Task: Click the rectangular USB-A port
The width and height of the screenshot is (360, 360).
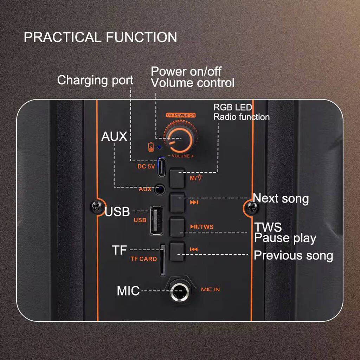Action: [156, 220]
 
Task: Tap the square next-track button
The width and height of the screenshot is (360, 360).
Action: [177, 202]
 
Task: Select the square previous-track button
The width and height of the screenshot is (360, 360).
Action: [177, 251]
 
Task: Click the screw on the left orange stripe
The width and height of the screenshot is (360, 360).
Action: [96, 207]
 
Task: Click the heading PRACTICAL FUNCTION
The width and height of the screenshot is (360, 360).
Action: [100, 37]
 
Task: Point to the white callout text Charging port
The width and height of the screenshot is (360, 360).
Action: [95, 80]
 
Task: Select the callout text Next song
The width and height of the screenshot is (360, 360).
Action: [281, 199]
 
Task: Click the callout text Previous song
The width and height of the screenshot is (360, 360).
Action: [293, 255]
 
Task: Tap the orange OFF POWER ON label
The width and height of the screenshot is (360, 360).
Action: [181, 115]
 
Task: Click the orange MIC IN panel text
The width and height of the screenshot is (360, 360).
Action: [210, 290]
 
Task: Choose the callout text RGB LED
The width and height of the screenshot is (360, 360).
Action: [233, 107]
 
